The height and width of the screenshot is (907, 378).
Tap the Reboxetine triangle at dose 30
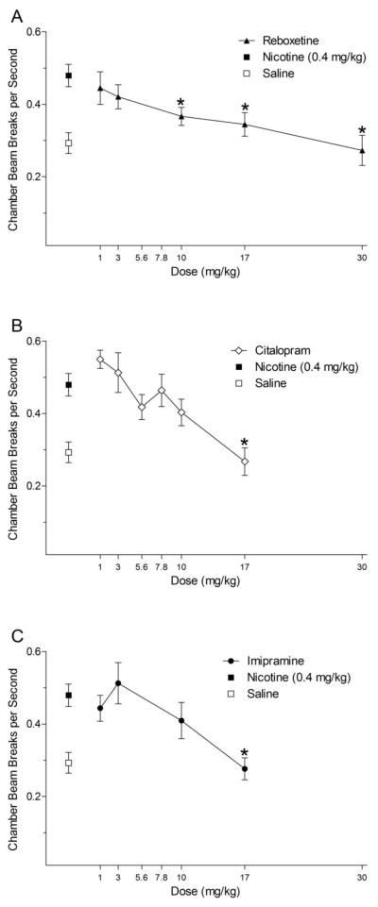pyautogui.click(x=362, y=150)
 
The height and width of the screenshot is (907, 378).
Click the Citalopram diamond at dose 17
pyautogui.click(x=245, y=462)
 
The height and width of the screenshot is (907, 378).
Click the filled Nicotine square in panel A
pyautogui.click(x=68, y=76)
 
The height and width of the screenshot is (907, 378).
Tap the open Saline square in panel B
pyautogui.click(x=68, y=453)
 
